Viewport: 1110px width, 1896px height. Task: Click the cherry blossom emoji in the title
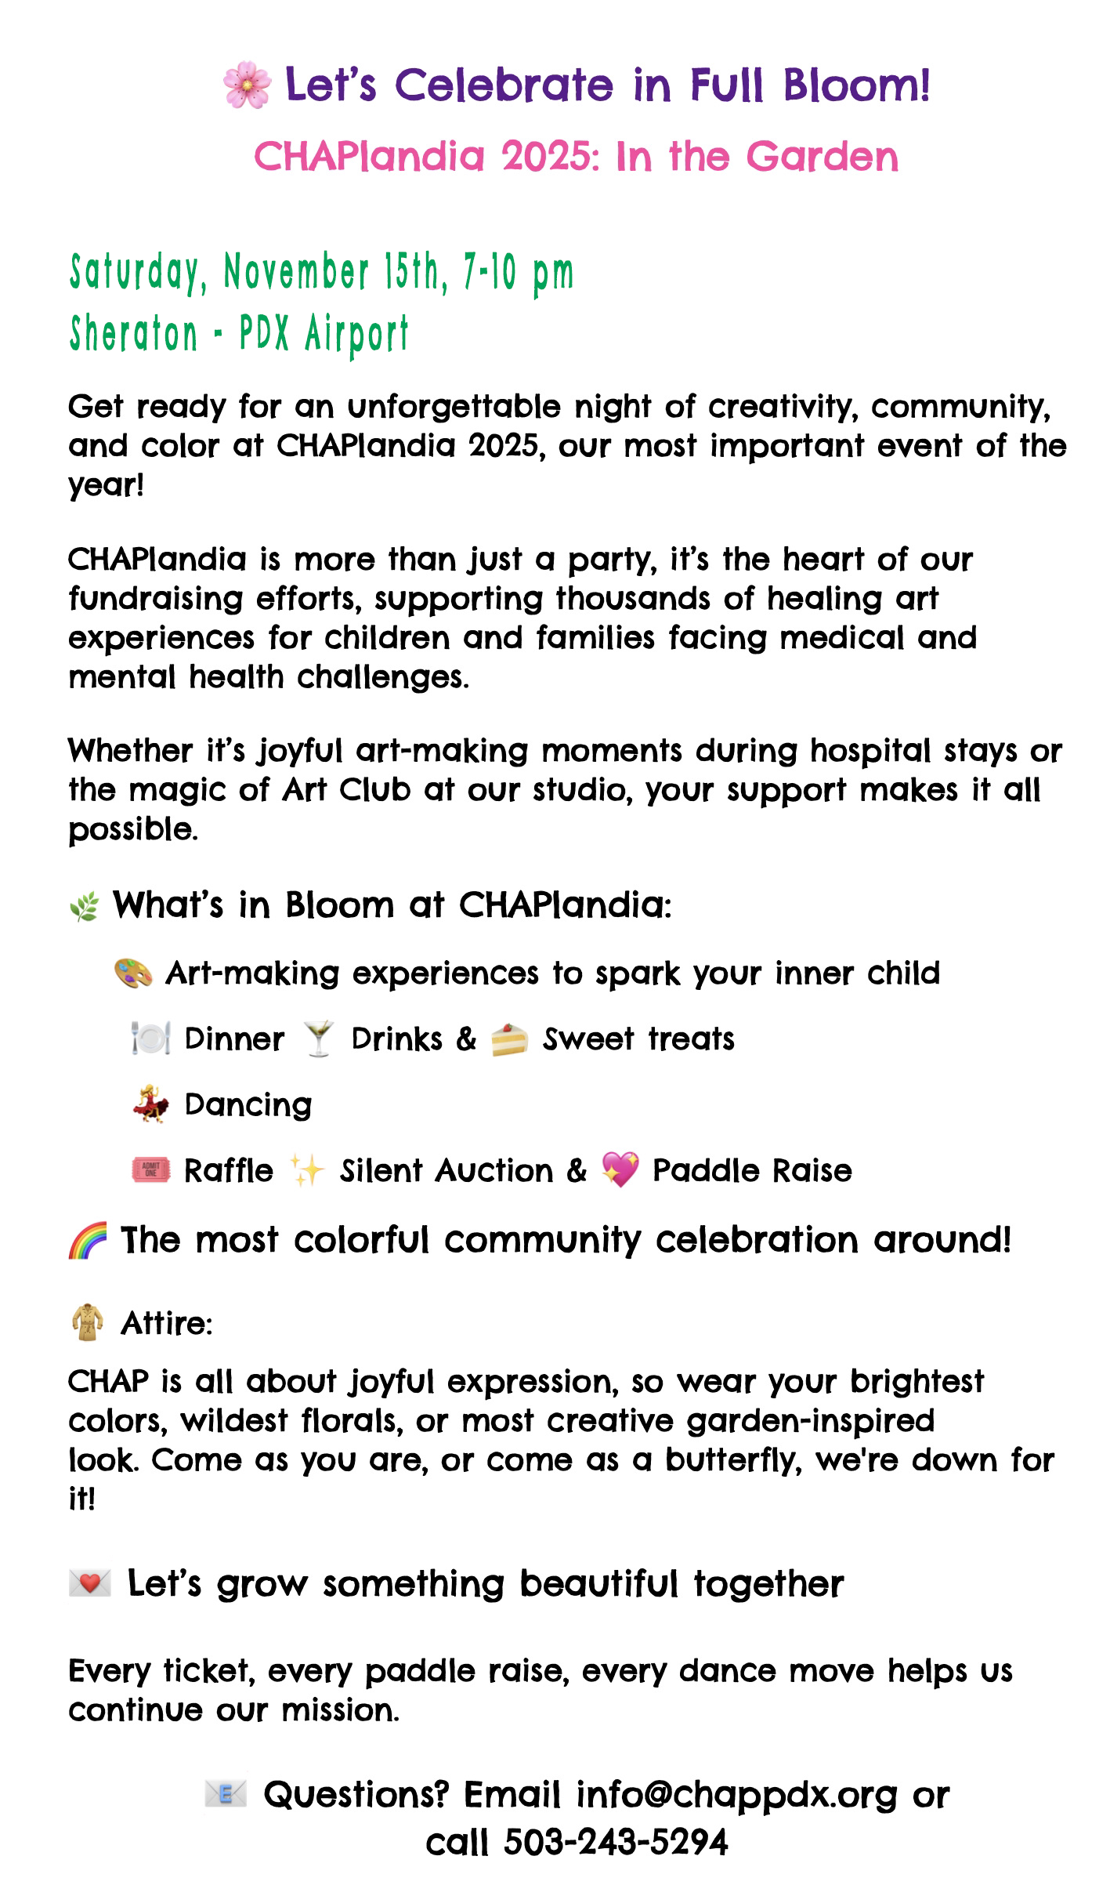click(247, 86)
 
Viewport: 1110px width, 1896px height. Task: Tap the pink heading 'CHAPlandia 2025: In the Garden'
click(576, 157)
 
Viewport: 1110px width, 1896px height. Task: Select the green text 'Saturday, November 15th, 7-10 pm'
click(321, 273)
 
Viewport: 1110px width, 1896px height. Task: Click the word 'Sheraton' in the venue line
click(134, 334)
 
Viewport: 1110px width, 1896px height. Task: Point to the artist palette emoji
click(133, 973)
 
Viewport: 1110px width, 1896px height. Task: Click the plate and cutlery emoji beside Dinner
click(150, 1039)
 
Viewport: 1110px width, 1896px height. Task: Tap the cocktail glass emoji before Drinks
click(318, 1039)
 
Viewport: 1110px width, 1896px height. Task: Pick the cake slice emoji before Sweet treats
click(509, 1040)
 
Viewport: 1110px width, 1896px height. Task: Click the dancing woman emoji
click(150, 1105)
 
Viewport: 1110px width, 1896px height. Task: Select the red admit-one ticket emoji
click(150, 1171)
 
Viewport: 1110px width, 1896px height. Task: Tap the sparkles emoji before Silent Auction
click(306, 1171)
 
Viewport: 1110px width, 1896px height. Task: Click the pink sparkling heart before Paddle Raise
click(620, 1170)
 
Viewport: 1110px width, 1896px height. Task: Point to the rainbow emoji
click(88, 1241)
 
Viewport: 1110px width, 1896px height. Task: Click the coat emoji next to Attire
click(87, 1323)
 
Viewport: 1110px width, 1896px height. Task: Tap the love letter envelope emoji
click(90, 1584)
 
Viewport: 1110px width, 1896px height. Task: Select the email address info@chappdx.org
click(736, 1795)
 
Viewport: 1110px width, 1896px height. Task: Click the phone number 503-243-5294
click(616, 1843)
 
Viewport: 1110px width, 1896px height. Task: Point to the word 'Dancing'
click(248, 1105)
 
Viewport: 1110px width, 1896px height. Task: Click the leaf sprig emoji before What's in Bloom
click(85, 907)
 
